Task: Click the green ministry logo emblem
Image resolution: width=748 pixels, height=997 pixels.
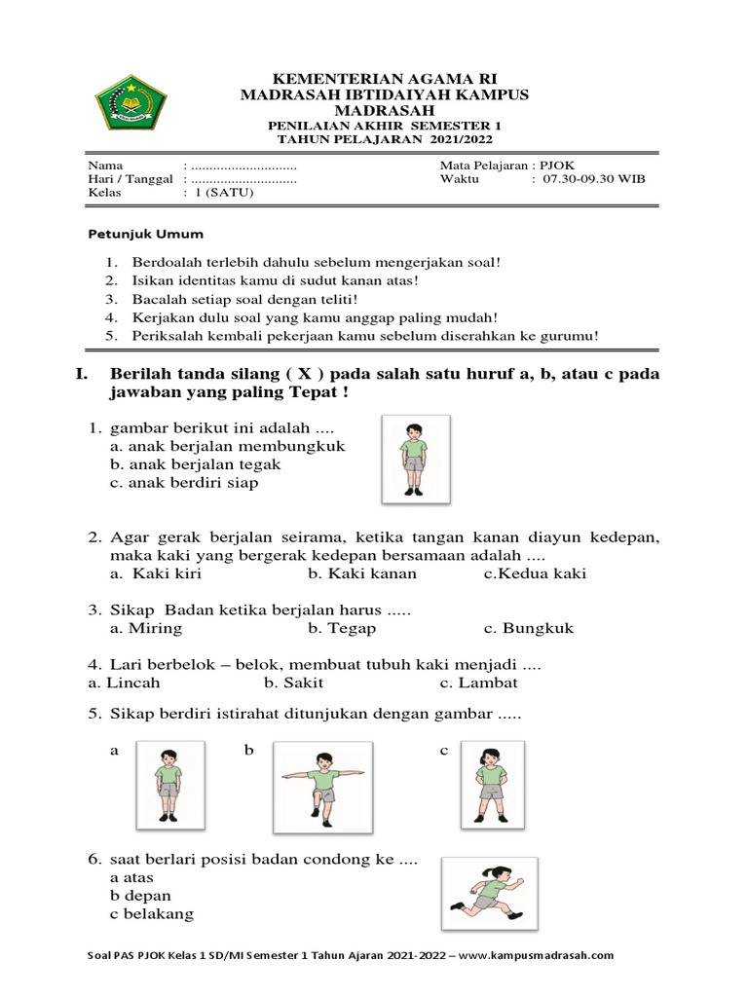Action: (131, 106)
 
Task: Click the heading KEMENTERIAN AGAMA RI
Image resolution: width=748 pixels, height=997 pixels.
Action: (383, 79)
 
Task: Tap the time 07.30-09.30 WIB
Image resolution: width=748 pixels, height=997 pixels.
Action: (594, 179)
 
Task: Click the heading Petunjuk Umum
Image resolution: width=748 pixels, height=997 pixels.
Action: (146, 235)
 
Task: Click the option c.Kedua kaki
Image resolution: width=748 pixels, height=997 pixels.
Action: (535, 573)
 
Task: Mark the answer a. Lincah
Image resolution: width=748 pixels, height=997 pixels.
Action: (124, 683)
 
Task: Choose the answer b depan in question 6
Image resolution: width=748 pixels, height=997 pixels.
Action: (141, 896)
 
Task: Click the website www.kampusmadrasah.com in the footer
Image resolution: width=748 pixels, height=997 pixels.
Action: (536, 955)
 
